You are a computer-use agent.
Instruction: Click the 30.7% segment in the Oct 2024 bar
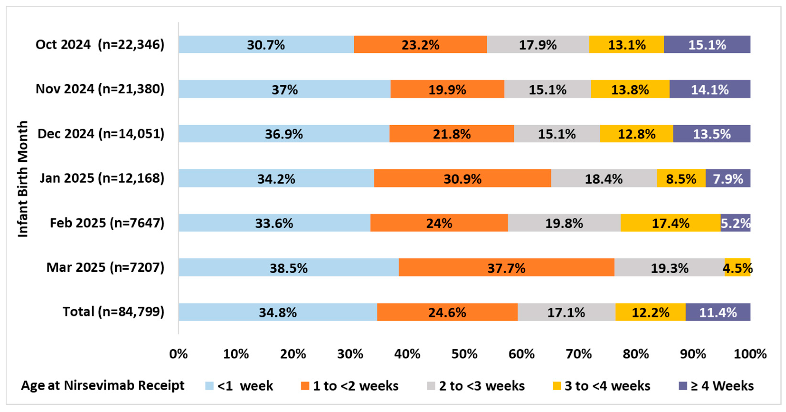(266, 45)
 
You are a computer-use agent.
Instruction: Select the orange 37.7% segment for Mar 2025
(507, 267)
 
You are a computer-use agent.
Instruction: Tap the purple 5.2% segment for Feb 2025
(735, 223)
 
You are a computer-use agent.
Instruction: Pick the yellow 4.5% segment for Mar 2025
(738, 267)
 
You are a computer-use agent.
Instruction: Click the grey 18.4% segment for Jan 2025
(604, 178)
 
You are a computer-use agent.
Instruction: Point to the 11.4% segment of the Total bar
(718, 312)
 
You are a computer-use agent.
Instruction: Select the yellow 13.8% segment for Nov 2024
(630, 89)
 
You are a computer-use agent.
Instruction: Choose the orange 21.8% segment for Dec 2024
(452, 134)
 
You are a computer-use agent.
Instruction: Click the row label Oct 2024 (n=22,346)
(100, 45)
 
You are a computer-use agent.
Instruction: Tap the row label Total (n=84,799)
(113, 312)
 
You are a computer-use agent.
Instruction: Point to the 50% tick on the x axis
(464, 354)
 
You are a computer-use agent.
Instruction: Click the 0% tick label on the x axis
(179, 354)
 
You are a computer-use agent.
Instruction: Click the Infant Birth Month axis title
(23, 179)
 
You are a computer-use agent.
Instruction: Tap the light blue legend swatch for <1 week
(209, 386)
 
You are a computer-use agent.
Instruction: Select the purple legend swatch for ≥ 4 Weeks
(683, 386)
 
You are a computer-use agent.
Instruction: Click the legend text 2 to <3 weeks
(482, 386)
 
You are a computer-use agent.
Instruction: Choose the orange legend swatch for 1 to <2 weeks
(305, 386)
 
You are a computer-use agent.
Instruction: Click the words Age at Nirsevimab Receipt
(103, 386)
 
